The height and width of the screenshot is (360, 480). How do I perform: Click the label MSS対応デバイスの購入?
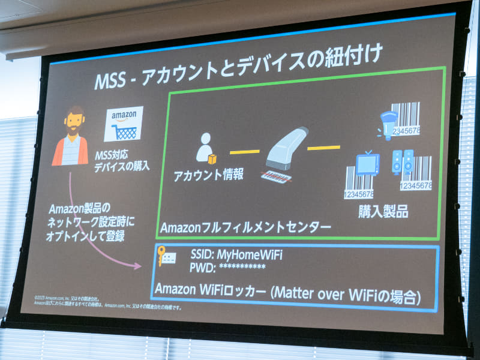click(121, 163)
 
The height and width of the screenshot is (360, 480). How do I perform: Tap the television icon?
click(367, 163)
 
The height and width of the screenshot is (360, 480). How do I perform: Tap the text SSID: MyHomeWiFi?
click(236, 254)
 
